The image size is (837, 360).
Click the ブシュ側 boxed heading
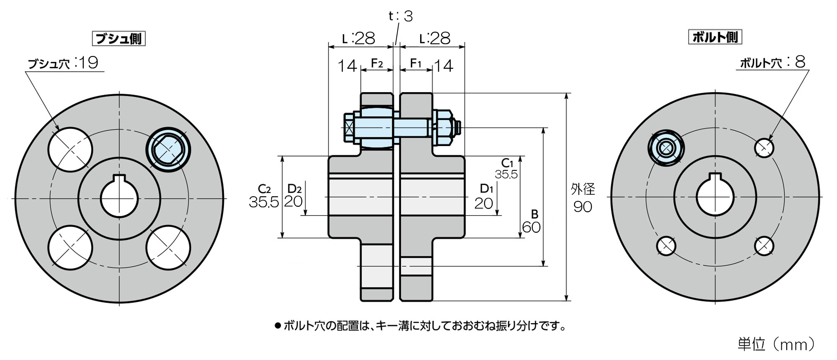[118, 39]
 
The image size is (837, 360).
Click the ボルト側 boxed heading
[715, 37]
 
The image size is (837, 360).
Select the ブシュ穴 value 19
[88, 63]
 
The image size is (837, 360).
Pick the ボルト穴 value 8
[800, 62]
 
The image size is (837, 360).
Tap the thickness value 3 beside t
[408, 16]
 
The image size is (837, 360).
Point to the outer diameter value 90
[583, 207]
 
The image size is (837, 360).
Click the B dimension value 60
[531, 227]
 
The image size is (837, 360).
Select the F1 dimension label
[416, 63]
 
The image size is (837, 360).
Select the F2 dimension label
[377, 63]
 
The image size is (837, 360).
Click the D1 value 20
[484, 203]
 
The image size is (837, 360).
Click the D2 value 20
[293, 201]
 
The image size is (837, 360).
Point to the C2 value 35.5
[264, 202]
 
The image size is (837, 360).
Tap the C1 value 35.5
[506, 175]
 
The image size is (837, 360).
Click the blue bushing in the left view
[168, 149]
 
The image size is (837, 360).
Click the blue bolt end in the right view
[666, 148]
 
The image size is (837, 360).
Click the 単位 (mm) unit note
[777, 344]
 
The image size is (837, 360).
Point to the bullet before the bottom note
[277, 326]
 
